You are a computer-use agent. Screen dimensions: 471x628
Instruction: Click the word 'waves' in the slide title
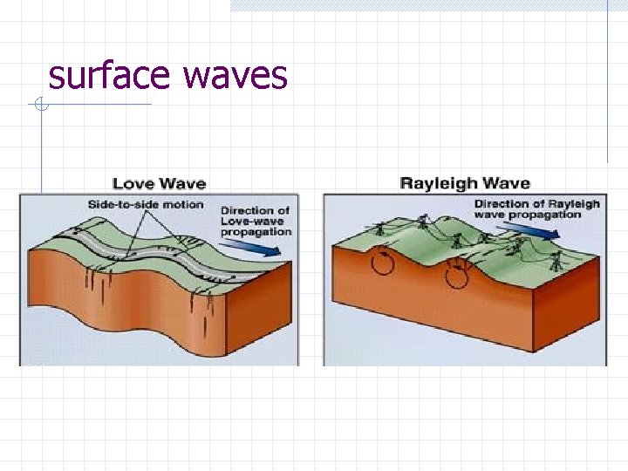[234, 76]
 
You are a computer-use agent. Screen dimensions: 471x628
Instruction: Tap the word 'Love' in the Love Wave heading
[133, 183]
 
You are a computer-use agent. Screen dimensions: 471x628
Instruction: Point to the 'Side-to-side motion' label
[145, 205]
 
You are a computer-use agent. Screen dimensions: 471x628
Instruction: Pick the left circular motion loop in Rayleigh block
[381, 261]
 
